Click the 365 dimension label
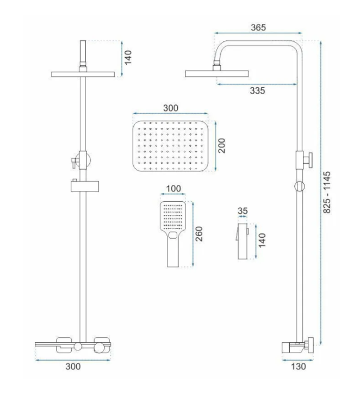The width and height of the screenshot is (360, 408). [x=258, y=27]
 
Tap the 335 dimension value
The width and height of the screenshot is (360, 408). [x=258, y=91]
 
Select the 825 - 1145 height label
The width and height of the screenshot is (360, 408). [x=327, y=192]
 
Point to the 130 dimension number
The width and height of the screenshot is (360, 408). [x=299, y=367]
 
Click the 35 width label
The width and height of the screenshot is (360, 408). [x=243, y=211]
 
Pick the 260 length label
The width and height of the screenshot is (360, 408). [x=198, y=234]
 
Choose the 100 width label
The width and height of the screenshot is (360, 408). [x=173, y=188]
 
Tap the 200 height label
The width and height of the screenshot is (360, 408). [x=221, y=146]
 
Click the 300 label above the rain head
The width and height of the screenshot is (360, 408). [x=171, y=108]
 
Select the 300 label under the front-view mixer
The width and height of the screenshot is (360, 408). [x=73, y=367]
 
